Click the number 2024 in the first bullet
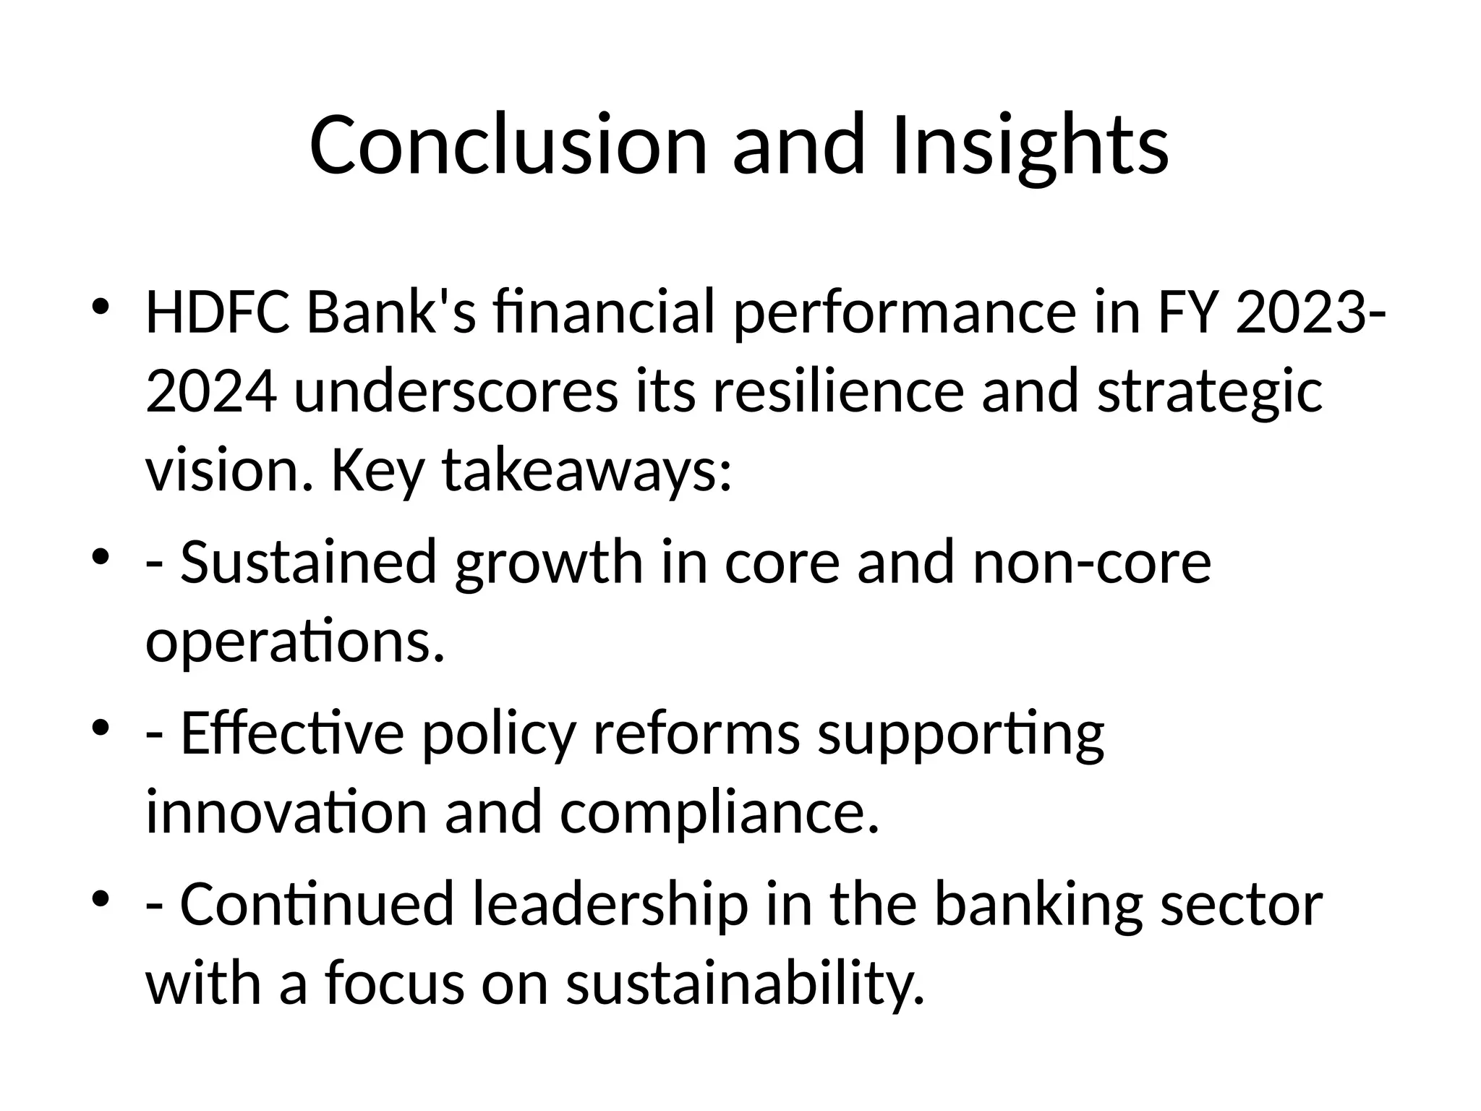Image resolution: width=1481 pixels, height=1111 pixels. pyautogui.click(x=210, y=391)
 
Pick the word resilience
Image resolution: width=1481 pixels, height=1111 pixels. pyautogui.click(x=838, y=391)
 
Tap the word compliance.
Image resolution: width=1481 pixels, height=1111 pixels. pyautogui.click(x=720, y=812)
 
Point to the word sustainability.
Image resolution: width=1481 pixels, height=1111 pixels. pyautogui.click(x=745, y=983)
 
